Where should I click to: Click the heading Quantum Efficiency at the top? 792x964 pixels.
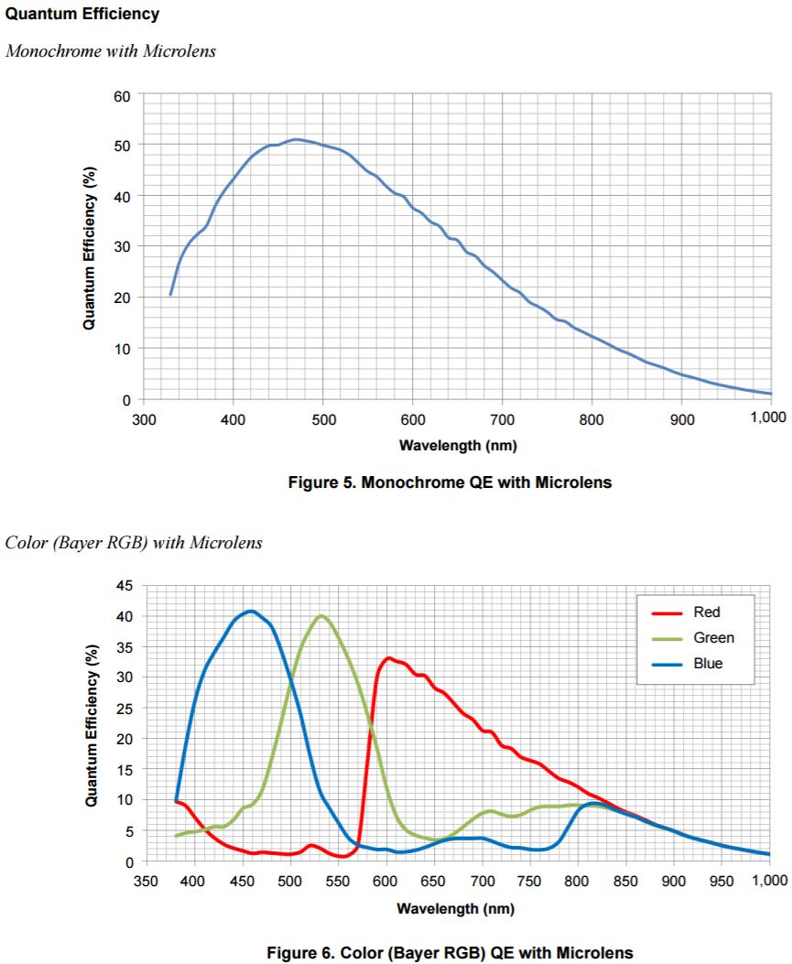pos(82,15)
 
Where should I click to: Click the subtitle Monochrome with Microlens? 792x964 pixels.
pos(111,51)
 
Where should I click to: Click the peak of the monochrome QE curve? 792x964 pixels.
pos(295,139)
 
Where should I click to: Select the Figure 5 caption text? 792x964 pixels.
pos(450,482)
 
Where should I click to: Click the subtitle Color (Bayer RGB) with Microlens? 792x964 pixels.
pos(134,543)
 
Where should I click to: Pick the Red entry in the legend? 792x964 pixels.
pos(707,612)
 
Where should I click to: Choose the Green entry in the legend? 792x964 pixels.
pos(713,638)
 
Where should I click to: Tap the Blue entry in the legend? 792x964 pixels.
pos(708,663)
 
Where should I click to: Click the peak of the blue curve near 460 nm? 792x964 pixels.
pos(250,611)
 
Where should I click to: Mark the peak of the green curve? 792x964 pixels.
pos(320,615)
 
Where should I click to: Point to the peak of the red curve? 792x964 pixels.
pos(388,657)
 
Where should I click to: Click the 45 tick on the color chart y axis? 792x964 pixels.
pos(124,586)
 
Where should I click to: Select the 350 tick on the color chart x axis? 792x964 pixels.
pos(144,881)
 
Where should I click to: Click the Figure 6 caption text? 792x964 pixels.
pos(450,953)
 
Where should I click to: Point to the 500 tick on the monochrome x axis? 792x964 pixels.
pos(322,418)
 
